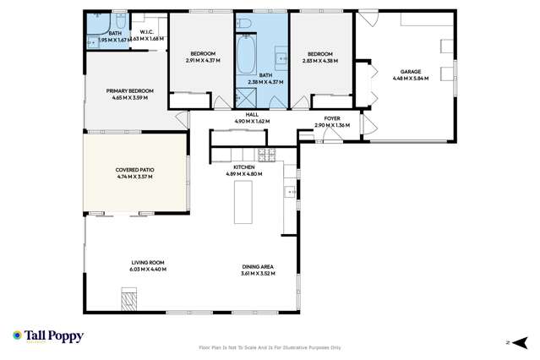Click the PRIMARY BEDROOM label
(x=129, y=91)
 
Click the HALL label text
(x=252, y=115)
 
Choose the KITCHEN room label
(x=245, y=167)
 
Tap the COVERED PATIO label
(x=135, y=170)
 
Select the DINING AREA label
(x=258, y=267)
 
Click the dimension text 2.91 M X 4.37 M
(x=203, y=60)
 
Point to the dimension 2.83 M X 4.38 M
(x=320, y=60)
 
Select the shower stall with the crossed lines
(x=246, y=95)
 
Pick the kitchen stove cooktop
(x=266, y=154)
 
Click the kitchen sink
(x=290, y=193)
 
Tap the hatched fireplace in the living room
(x=128, y=297)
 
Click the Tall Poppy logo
(x=47, y=336)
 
